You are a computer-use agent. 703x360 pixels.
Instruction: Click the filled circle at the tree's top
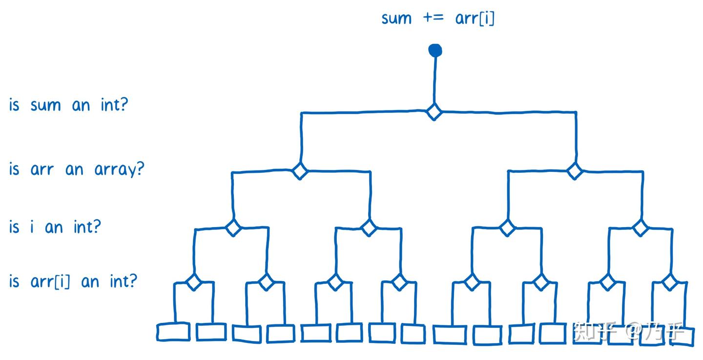coord(435,50)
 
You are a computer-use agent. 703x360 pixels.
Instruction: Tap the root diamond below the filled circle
coord(434,112)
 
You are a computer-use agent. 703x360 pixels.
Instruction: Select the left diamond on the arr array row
coord(300,171)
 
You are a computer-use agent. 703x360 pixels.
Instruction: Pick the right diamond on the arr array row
coord(575,171)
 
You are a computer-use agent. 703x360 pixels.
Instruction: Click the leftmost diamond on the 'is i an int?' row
coord(233,228)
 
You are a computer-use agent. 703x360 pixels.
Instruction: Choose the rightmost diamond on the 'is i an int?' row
coord(640,227)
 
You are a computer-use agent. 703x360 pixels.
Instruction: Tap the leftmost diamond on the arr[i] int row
coord(194,282)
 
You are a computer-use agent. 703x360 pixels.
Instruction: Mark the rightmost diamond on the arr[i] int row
coord(670,282)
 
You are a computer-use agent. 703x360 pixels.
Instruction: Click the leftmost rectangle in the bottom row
coord(173,332)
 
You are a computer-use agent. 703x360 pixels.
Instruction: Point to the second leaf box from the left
coord(211,332)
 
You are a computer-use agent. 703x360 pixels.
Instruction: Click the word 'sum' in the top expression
coord(396,19)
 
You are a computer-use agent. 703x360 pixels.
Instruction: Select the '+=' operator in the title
coord(434,19)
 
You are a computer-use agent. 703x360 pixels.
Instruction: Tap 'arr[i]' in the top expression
coord(475,19)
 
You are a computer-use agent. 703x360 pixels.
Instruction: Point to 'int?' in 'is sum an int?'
coord(114,105)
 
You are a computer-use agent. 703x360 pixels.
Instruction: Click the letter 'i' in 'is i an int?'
coord(33,227)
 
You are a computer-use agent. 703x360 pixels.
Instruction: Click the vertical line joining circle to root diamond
coord(434,81)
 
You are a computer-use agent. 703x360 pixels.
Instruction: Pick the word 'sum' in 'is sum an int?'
coord(45,106)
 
